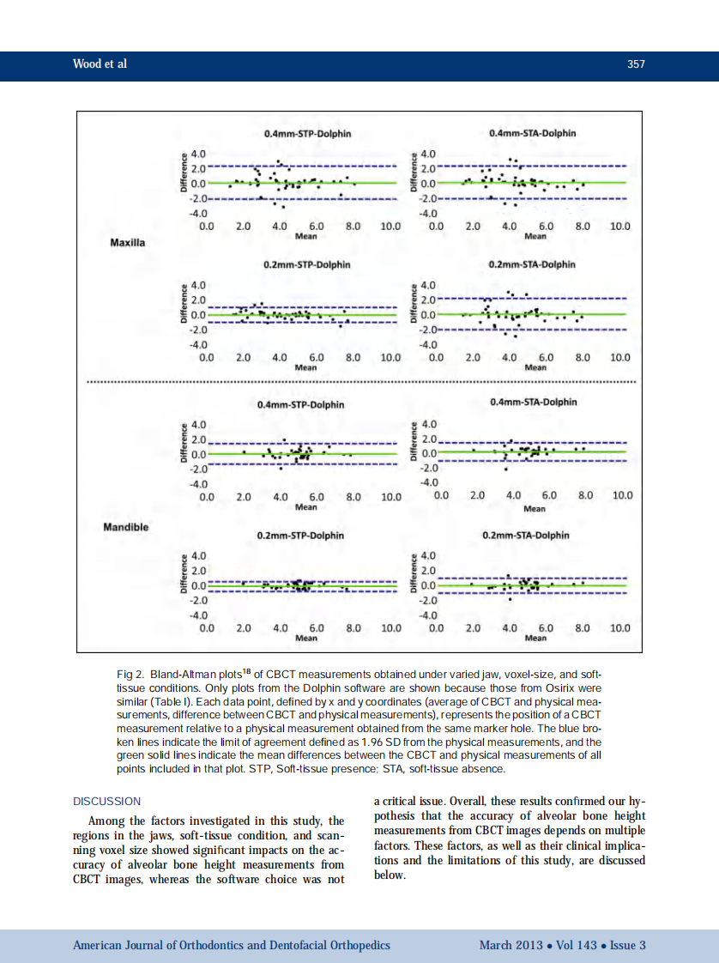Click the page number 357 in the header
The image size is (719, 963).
point(636,64)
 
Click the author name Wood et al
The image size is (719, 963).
point(100,64)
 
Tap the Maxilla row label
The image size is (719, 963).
point(128,243)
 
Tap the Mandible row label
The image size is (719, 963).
point(125,526)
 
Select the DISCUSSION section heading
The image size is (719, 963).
point(106,801)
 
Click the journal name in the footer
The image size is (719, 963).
point(232,945)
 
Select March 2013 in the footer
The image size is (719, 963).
point(511,945)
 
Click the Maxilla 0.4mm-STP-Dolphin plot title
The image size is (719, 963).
point(307,134)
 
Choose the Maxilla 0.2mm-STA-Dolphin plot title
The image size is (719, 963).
point(532,264)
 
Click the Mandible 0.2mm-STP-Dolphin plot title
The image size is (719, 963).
point(300,536)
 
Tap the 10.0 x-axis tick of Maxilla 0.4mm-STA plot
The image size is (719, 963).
point(619,227)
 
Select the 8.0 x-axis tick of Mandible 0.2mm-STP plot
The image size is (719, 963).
point(353,628)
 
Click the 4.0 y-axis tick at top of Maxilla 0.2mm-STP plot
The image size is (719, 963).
point(197,284)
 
